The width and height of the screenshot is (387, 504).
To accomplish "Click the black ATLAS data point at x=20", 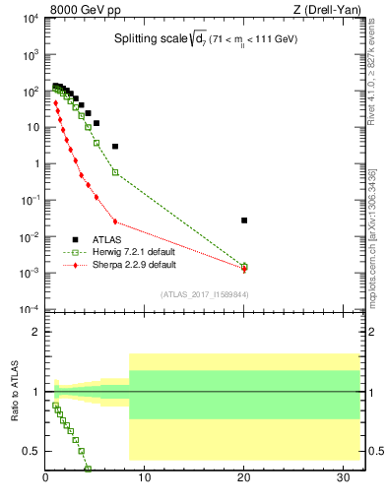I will pos(244,220).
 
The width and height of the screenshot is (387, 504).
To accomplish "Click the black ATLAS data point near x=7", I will pos(115,147).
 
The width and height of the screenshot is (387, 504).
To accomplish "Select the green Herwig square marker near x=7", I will pos(115,172).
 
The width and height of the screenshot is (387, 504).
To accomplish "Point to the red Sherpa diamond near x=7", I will pos(115,221).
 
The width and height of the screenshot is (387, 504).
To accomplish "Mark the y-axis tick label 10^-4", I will pos(28,310).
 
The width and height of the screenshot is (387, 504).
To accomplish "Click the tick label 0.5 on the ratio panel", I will pos(31,451).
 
